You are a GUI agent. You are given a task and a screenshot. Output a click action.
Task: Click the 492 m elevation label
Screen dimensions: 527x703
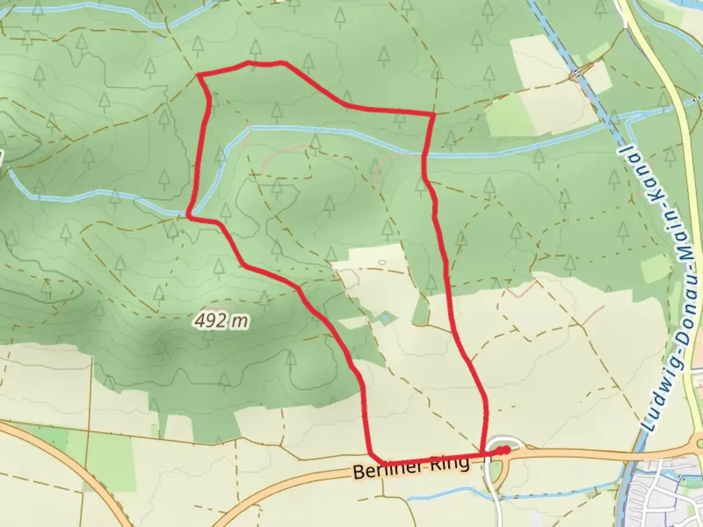pyautogui.click(x=221, y=321)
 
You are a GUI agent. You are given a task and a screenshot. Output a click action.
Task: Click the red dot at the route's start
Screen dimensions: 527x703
pyautogui.click(x=506, y=450)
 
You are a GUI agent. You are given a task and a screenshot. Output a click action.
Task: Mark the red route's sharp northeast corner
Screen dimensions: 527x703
pyautogui.click(x=434, y=114)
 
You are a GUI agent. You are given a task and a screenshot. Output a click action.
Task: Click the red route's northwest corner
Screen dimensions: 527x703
pyautogui.click(x=199, y=75)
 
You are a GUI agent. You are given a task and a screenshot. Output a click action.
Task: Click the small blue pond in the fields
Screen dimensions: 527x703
pyautogui.click(x=386, y=318)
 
